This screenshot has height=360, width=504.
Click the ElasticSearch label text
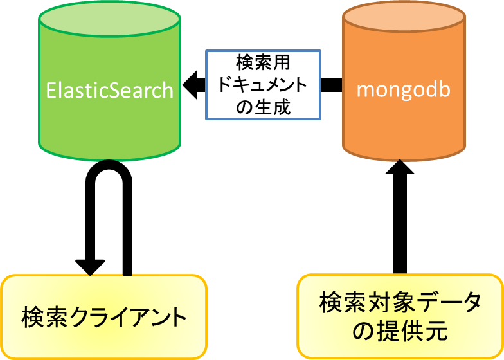110,89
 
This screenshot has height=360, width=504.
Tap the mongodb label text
403,89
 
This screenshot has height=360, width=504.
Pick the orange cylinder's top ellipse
404,19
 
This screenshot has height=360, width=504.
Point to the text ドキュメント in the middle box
263,85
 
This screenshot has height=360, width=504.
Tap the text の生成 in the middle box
263,106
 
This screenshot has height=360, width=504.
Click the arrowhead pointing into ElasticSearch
191,84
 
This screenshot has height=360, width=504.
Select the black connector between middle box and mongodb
331,85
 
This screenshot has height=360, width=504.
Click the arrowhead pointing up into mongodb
400,170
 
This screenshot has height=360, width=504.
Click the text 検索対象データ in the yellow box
400,303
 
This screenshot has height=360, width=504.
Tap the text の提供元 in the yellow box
400,332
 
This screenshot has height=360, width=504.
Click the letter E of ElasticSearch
51,89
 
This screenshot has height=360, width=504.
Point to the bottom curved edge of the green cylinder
109,158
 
